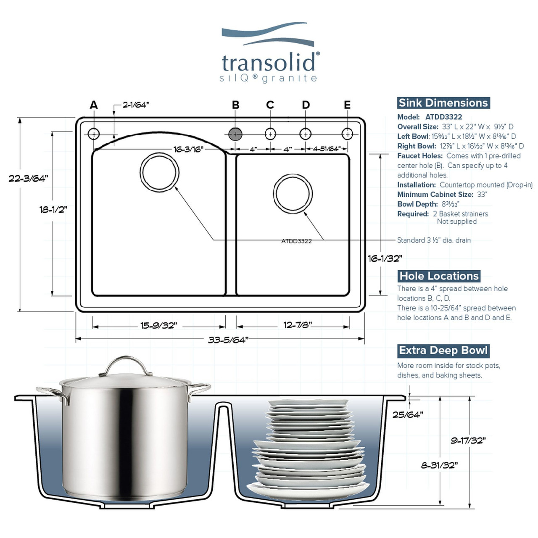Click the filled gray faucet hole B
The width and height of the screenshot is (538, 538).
coord(235,134)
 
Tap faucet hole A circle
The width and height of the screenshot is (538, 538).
coord(93,134)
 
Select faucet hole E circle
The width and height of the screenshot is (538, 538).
coord(347,134)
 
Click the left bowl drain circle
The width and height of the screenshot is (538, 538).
coord(159,172)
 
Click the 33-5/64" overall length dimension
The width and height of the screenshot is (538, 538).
coord(228,340)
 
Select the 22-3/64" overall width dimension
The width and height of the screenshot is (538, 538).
coord(28,178)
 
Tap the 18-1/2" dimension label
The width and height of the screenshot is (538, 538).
coord(53,209)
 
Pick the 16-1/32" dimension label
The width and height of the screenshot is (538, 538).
coord(385,258)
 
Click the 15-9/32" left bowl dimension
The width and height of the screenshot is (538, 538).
coord(158,325)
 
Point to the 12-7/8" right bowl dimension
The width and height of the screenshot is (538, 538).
coord(297,325)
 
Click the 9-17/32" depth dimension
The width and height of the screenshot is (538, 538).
coord(468,440)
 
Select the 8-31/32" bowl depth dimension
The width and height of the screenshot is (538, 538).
coord(440,465)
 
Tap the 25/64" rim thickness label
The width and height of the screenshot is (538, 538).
coord(408,415)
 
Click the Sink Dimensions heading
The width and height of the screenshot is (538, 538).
coord(443,103)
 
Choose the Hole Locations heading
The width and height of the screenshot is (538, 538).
coord(439,276)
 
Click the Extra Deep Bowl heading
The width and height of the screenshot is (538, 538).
coord(443,351)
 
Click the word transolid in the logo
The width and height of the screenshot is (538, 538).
coord(268,63)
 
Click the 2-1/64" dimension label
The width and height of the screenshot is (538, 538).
coord(136,105)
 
